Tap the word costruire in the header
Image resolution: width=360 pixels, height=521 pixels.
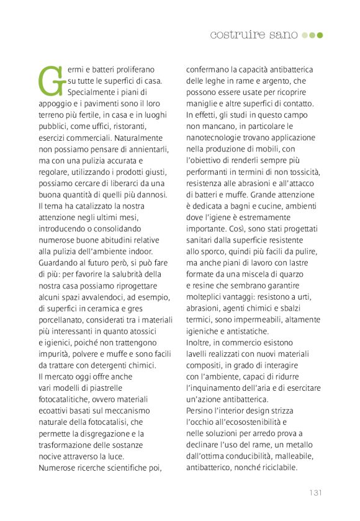point(235,35)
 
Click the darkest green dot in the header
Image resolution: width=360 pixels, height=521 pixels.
point(320,35)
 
